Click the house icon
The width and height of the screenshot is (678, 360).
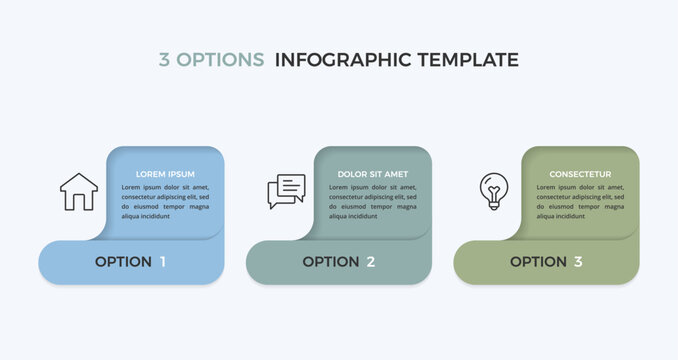tap(79, 191)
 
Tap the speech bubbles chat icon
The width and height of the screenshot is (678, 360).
tap(286, 191)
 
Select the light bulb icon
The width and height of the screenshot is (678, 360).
tap(493, 191)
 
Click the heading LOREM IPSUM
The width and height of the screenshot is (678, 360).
tap(165, 174)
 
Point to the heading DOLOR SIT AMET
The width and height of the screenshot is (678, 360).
tap(372, 174)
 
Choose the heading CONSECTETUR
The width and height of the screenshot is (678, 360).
tap(580, 174)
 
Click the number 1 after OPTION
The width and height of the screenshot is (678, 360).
tap(163, 262)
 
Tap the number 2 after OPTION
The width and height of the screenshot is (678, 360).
tap(370, 262)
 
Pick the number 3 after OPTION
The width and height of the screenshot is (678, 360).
tap(577, 262)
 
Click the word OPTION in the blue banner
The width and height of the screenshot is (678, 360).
tap(123, 262)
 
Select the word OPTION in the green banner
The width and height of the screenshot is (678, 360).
tap(538, 262)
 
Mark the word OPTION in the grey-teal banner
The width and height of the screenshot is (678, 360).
tap(330, 262)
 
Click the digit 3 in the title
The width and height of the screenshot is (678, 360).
tap(164, 60)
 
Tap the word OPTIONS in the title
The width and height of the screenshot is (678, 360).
tap(220, 60)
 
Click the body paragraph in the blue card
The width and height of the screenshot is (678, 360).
tap(165, 201)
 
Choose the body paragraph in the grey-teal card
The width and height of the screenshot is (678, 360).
tap(372, 201)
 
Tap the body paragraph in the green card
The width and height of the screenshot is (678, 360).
tap(580, 201)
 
